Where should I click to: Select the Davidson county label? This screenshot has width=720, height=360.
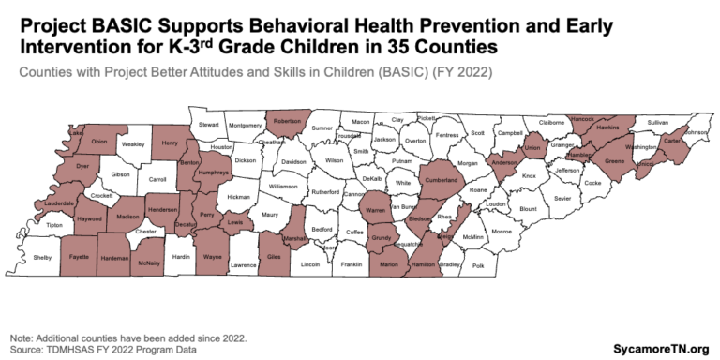pyautogui.click(x=293, y=161)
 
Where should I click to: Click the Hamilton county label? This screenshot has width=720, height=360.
pyautogui.click(x=423, y=265)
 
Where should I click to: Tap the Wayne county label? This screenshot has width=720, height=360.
pyautogui.click(x=213, y=256)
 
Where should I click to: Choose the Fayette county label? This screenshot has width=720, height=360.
pyautogui.click(x=79, y=256)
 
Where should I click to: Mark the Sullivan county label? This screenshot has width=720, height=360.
pyautogui.click(x=658, y=123)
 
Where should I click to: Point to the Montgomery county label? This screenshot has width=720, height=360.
pyautogui.click(x=245, y=126)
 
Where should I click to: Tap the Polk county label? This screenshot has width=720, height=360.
pyautogui.click(x=478, y=266)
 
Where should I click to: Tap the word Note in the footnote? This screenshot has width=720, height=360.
pyautogui.click(x=20, y=337)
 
